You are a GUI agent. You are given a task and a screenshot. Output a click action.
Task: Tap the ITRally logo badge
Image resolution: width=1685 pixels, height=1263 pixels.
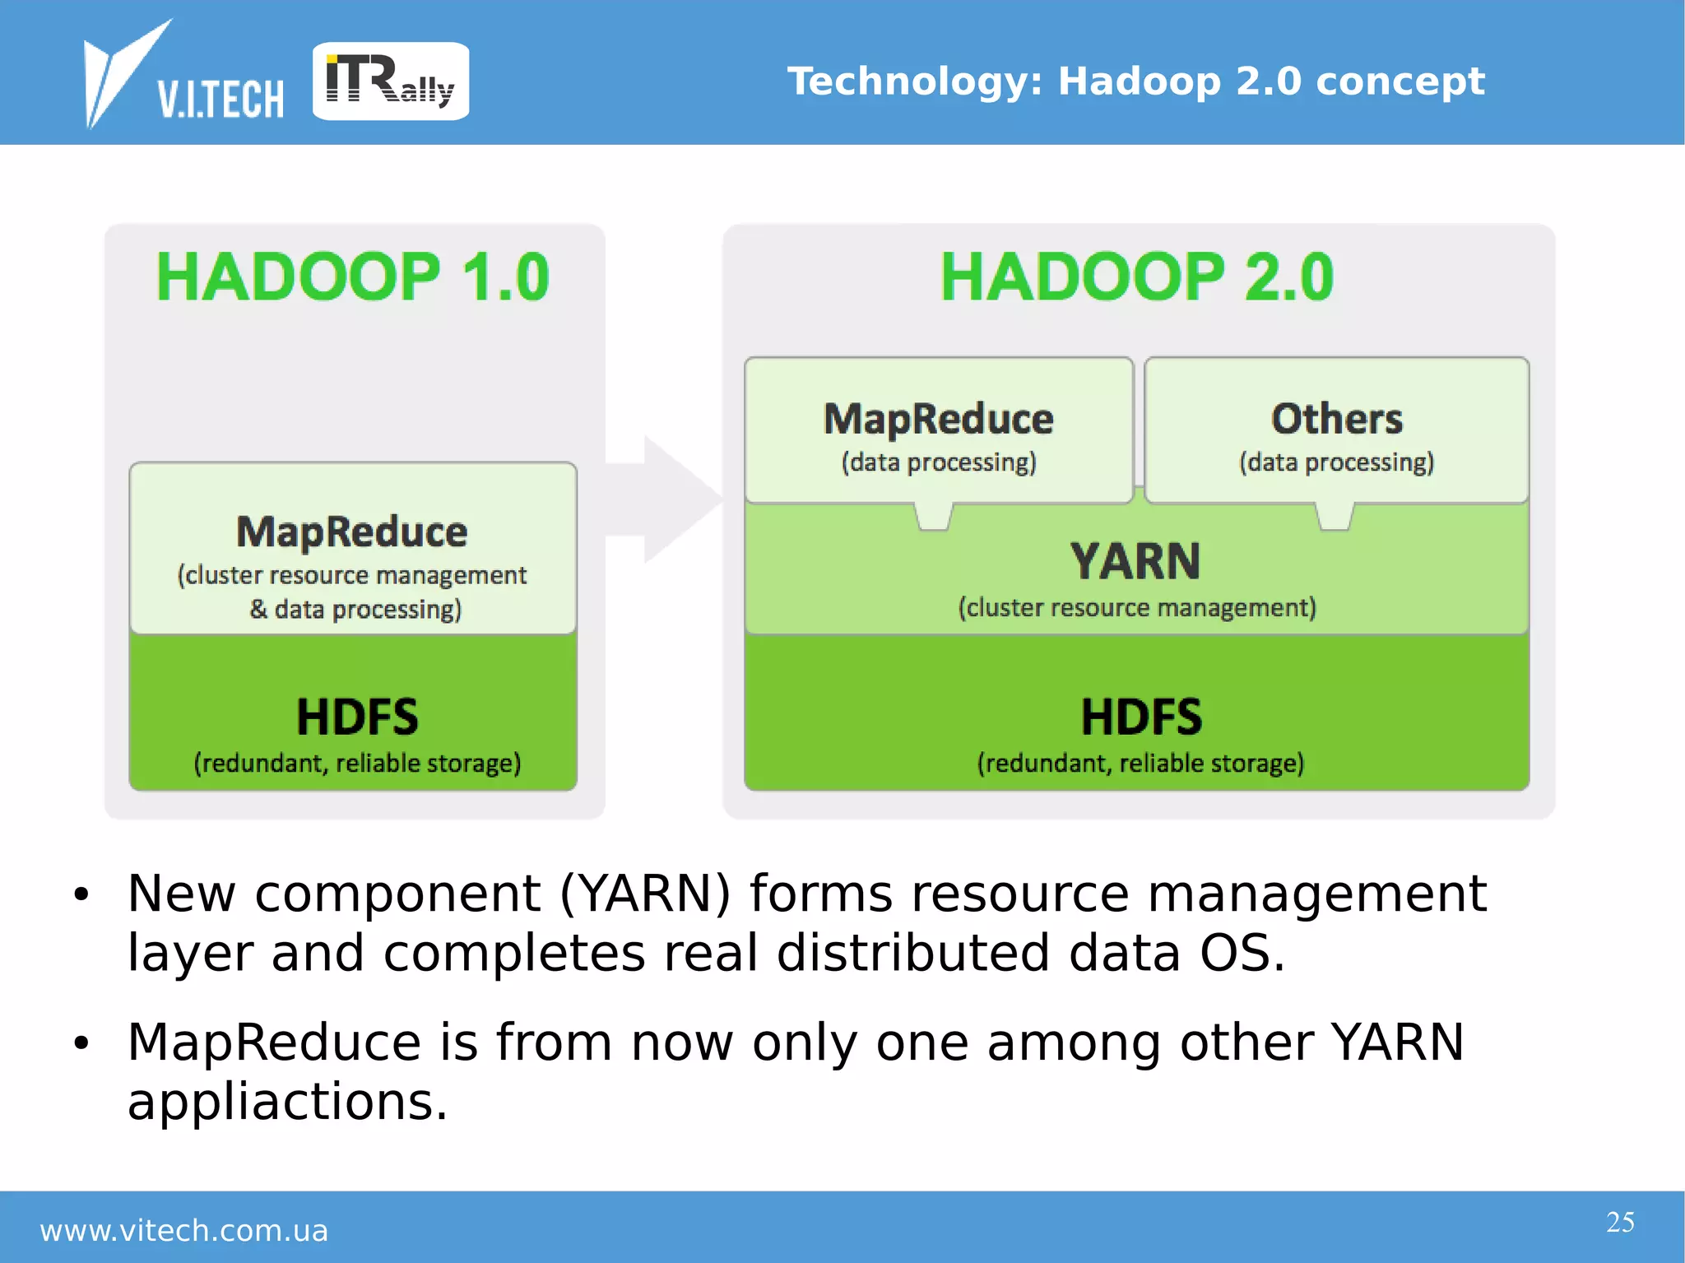point(391,81)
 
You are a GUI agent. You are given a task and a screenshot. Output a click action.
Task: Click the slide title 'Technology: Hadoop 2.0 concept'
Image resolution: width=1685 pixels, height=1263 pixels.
point(1135,81)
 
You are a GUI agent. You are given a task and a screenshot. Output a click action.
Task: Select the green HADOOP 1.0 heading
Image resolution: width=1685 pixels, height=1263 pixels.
point(353,277)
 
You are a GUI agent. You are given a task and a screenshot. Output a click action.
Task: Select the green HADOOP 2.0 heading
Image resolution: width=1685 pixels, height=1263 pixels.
point(1137,277)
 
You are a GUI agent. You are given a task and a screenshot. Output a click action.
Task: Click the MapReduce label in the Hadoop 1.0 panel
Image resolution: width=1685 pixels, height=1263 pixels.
point(352,532)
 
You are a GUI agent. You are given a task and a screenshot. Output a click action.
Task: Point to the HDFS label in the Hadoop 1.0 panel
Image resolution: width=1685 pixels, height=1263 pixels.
point(357,717)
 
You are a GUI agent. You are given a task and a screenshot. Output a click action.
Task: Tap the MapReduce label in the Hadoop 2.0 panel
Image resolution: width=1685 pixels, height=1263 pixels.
point(939,419)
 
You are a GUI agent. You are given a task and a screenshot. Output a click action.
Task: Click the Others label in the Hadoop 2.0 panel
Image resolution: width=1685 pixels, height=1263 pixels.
point(1337,419)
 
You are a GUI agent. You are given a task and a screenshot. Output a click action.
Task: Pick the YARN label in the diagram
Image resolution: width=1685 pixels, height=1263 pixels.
point(1135,561)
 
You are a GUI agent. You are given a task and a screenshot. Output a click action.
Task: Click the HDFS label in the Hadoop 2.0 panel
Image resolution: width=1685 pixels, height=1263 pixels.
point(1141,717)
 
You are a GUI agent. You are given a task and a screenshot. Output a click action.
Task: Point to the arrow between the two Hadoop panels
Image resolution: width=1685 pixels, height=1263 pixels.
point(666,499)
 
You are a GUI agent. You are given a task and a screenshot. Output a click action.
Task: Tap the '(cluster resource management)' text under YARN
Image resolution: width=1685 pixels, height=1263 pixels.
point(1137,608)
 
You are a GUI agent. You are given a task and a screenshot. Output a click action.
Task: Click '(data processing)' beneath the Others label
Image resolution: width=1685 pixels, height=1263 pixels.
point(1337,462)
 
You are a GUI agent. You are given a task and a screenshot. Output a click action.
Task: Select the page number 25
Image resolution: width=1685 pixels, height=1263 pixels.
point(1620,1222)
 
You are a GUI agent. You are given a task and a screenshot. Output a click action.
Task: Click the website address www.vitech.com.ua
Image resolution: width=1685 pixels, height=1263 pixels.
point(184,1231)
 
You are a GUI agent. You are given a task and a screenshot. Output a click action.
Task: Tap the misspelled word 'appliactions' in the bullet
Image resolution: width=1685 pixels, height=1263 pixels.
point(286,1102)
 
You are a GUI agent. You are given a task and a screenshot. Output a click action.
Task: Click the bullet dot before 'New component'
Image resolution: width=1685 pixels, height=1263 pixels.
point(81,894)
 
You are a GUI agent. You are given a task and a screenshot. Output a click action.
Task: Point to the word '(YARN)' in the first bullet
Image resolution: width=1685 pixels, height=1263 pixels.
point(645,894)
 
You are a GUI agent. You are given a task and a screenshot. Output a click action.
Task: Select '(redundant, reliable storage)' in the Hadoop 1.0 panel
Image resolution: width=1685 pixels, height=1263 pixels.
point(357,764)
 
